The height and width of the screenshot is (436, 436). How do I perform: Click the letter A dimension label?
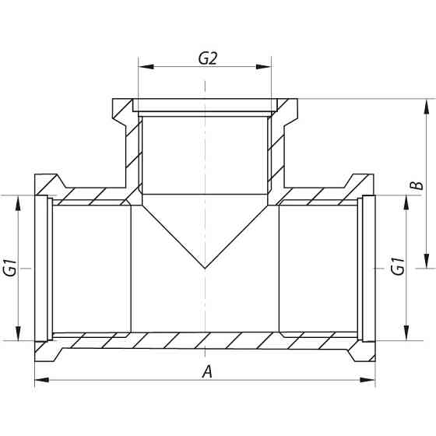[206, 371]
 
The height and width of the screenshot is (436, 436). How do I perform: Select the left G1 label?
[10, 266]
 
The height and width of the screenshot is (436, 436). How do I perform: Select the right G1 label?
[397, 266]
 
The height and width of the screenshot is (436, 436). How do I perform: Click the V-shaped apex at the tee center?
[205, 268]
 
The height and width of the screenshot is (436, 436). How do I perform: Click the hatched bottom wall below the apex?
[205, 340]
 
